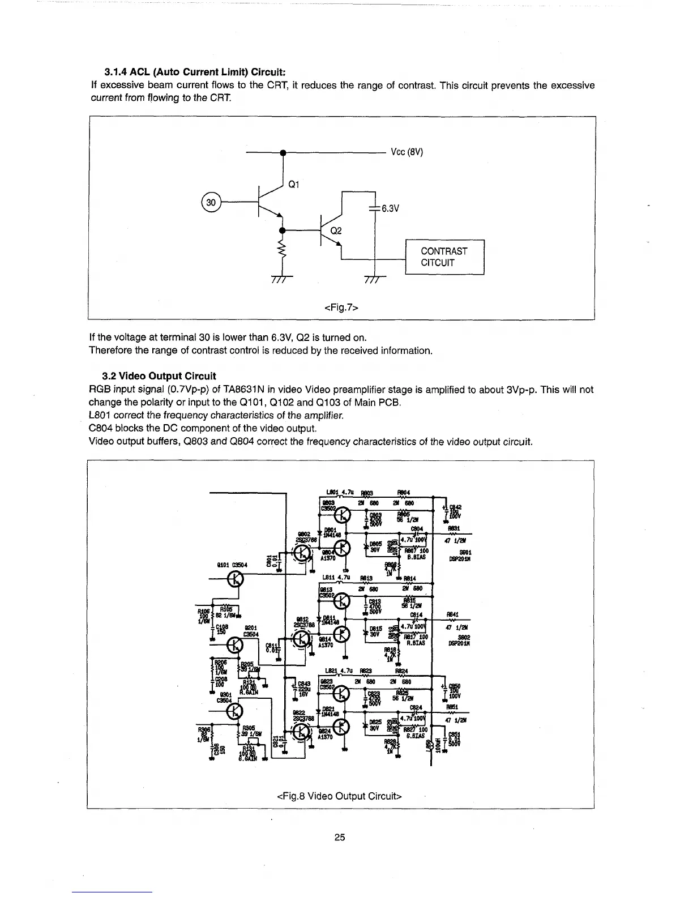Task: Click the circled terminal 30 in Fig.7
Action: tap(211, 202)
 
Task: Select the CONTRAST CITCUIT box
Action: tap(445, 257)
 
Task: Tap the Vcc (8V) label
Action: tap(407, 152)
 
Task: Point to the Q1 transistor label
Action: tap(293, 185)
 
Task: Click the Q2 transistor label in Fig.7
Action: tap(336, 231)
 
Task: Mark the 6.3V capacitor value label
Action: tap(391, 208)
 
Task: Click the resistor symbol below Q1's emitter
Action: tap(281, 251)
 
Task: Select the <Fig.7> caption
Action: tap(342, 307)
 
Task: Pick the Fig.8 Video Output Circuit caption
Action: tap(340, 796)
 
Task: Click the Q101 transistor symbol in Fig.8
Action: tap(235, 578)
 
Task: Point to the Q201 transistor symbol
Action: tap(235, 644)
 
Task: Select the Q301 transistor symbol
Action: tap(235, 711)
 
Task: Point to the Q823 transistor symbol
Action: tap(343, 693)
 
